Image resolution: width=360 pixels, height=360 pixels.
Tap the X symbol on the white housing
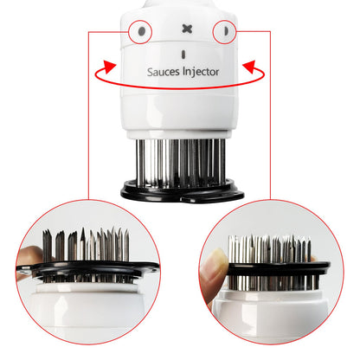pos(183,30)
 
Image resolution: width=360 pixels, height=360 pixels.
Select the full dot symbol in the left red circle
pos(141,31)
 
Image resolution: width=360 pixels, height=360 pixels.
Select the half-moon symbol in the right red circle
pos(224,31)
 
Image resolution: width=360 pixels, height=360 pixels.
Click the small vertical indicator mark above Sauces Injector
pos(183,54)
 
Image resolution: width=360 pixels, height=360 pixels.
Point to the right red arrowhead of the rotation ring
pos(252,65)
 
